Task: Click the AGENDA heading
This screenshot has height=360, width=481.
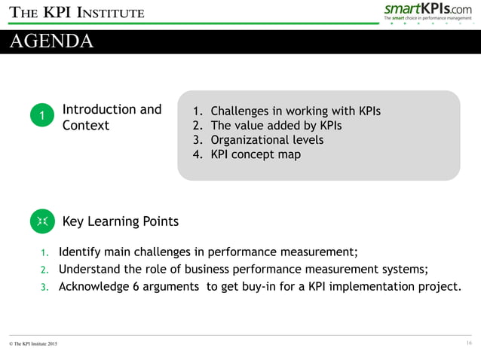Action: [52, 41]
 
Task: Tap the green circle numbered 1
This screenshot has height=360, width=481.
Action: [42, 114]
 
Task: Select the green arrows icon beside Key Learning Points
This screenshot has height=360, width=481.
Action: [42, 221]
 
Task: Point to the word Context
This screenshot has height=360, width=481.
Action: [86, 125]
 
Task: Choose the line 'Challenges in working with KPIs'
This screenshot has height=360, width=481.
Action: [295, 111]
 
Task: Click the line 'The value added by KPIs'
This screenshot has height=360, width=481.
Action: [275, 126]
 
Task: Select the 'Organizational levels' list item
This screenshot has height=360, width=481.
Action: [267, 140]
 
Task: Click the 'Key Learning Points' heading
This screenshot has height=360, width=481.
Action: [121, 221]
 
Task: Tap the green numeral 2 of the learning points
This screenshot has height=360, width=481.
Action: [44, 270]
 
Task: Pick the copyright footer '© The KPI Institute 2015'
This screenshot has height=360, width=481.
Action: [32, 344]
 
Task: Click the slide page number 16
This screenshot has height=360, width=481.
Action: [469, 343]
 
